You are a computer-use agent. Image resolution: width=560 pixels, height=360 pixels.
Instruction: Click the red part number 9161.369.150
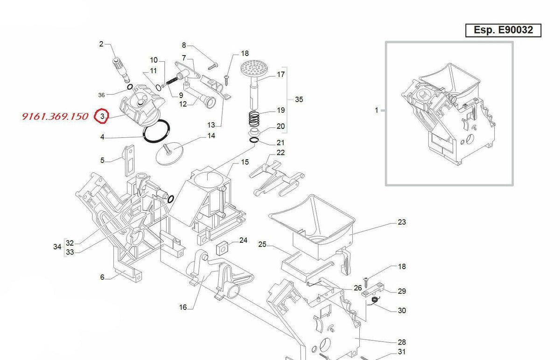point(55,116)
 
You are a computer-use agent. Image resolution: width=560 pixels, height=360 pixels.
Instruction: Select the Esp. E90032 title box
point(503,30)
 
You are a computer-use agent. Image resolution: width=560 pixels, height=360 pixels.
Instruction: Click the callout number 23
point(402,222)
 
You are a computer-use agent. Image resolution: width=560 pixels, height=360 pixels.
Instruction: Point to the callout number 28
point(402,342)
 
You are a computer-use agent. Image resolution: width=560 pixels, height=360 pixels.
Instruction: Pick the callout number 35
point(299,99)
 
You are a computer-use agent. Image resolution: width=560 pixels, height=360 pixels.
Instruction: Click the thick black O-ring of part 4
point(156,132)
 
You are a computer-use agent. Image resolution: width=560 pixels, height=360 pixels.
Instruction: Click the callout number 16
point(183,307)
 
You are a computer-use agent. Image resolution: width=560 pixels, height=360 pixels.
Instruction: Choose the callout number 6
point(102,277)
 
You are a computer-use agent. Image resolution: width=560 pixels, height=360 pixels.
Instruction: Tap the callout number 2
point(101,44)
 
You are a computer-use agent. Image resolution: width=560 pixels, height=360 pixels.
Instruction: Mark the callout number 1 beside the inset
point(376,111)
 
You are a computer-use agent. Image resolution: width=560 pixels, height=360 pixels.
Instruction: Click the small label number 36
point(102,95)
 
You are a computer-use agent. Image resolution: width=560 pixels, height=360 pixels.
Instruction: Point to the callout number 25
point(262,244)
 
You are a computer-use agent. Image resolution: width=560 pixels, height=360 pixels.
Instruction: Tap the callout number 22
point(280,153)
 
